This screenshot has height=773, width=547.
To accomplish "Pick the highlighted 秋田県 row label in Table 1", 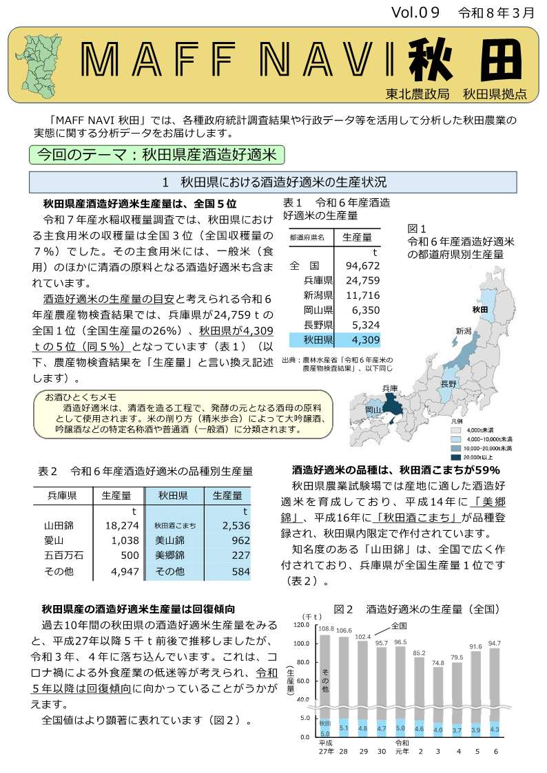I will (x=318, y=339).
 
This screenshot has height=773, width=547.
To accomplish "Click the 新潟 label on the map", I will (x=463, y=331).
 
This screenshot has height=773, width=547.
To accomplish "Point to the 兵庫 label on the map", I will (x=390, y=388).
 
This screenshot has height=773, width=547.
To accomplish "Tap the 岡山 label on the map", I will (x=373, y=410).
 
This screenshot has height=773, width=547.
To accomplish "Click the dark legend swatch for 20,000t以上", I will (x=455, y=457).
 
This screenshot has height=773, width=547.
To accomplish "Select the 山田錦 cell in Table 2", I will (x=59, y=525).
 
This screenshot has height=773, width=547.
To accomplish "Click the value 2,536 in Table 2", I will (x=236, y=525).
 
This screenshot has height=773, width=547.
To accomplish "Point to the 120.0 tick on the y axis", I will (x=302, y=625).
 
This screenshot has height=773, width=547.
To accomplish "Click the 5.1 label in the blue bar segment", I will (x=344, y=727).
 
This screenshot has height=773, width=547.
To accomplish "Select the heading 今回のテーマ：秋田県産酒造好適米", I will (x=157, y=154).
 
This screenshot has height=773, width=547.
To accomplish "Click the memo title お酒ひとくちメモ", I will (x=81, y=397).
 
